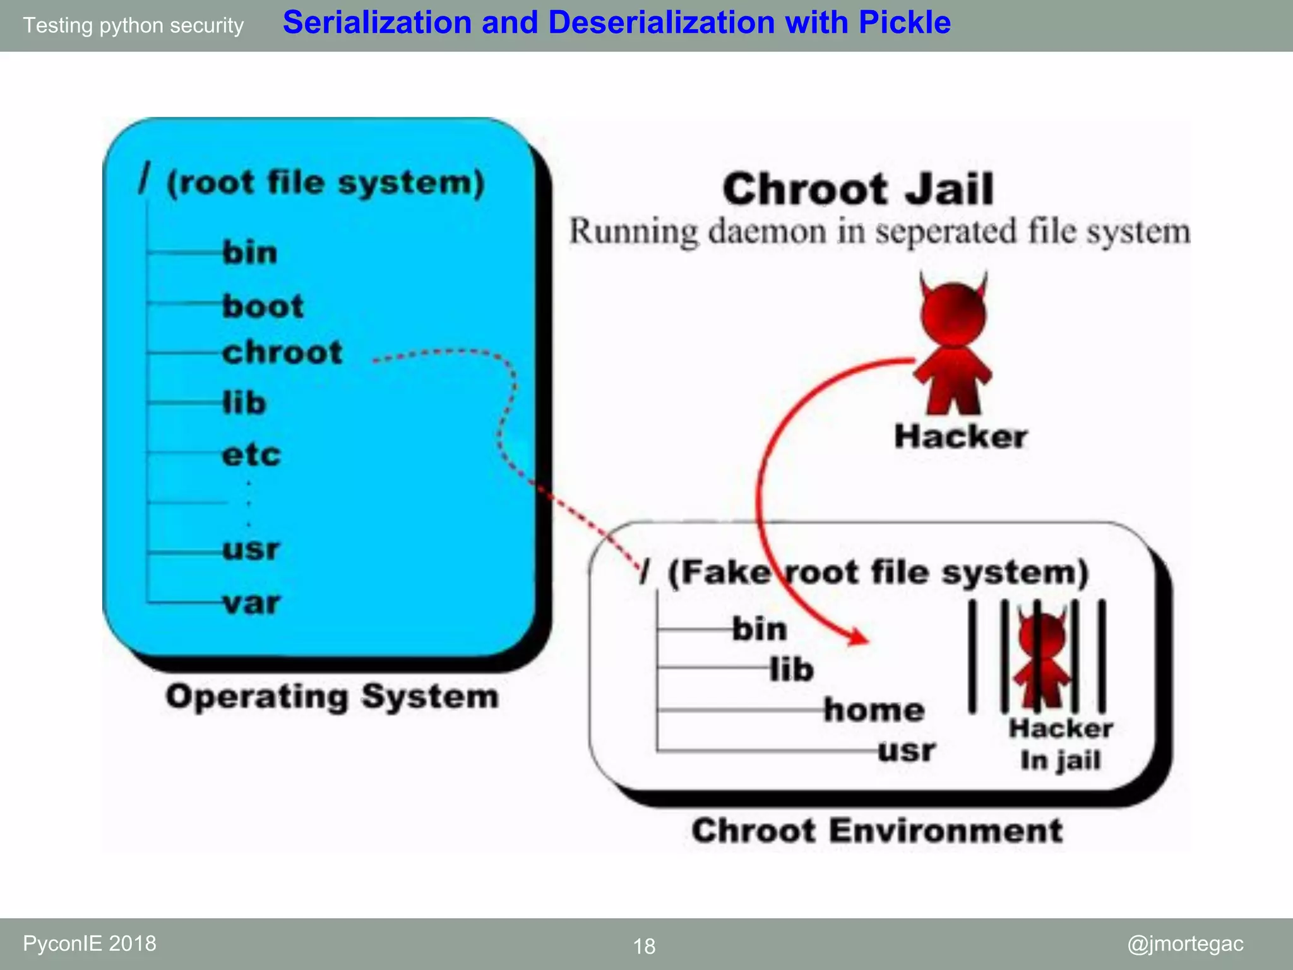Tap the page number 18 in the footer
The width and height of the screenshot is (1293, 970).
click(x=644, y=946)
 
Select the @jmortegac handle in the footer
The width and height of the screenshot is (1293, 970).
click(x=1185, y=943)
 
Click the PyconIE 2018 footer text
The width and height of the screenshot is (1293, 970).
click(x=90, y=943)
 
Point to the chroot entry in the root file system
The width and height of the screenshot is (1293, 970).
click(x=282, y=352)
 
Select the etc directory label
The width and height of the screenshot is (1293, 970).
click(x=251, y=455)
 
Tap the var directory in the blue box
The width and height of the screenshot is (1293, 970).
click(x=251, y=603)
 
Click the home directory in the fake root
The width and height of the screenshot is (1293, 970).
click(x=874, y=710)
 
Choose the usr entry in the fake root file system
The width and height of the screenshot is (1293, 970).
click(x=907, y=751)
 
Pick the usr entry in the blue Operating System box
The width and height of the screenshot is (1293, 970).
click(x=251, y=549)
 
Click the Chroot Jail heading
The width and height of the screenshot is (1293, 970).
click(x=858, y=189)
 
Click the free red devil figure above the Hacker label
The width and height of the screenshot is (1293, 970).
click(x=953, y=344)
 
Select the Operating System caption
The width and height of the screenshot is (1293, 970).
click(x=332, y=697)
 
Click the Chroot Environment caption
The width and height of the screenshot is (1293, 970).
click(x=877, y=830)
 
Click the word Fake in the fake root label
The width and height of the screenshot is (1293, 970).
click(x=720, y=572)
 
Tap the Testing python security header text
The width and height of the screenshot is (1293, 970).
click(x=133, y=25)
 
